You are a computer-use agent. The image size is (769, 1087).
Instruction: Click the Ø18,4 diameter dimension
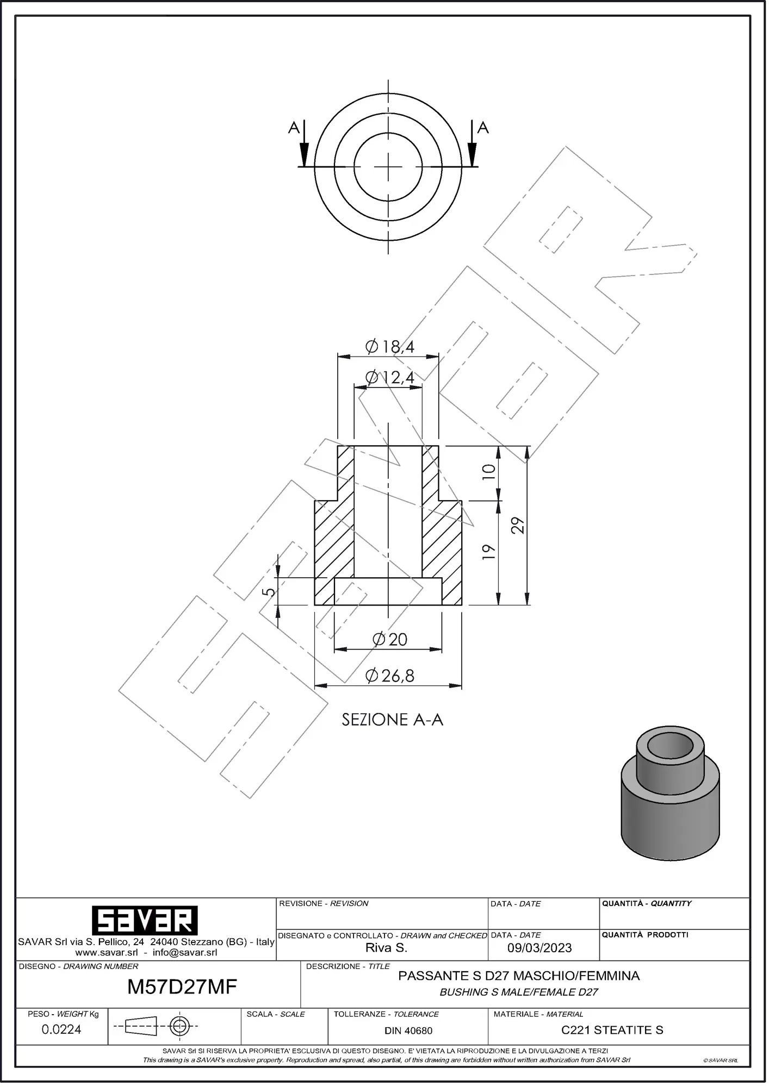389,346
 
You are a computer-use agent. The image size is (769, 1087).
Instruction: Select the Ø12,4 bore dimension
389,377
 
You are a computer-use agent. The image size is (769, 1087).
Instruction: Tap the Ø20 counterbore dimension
390,639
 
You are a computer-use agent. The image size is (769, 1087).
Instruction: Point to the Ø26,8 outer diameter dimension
390,676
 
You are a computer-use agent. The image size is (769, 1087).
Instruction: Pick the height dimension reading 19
489,552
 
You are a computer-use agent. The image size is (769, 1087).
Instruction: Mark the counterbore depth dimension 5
269,591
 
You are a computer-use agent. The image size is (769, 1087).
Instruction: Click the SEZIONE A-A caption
392,720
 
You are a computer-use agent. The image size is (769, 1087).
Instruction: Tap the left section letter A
294,128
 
